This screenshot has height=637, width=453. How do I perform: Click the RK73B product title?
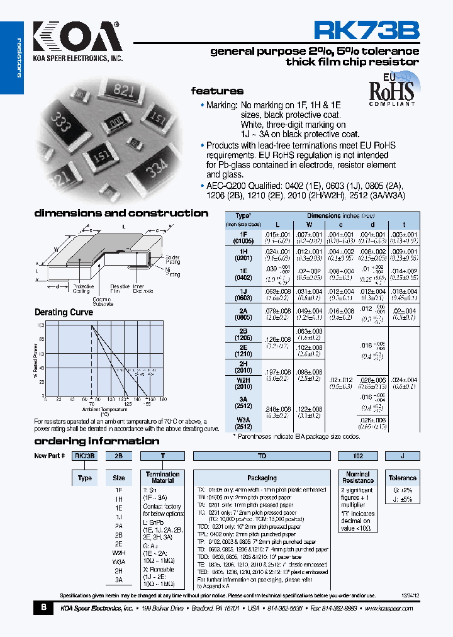click(366, 31)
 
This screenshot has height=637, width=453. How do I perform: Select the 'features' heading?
click(217, 91)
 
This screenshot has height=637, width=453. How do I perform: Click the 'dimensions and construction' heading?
click(121, 213)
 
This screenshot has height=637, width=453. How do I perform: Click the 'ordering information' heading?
click(96, 441)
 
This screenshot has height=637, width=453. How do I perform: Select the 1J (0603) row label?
click(243, 295)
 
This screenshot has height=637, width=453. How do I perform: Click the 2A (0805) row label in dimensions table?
click(243, 313)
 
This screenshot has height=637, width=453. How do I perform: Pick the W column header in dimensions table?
click(308, 224)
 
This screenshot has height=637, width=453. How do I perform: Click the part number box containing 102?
click(358, 456)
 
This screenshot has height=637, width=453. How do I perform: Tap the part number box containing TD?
click(262, 456)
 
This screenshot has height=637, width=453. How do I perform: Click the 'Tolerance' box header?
click(402, 478)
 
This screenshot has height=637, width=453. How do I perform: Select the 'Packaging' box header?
click(262, 478)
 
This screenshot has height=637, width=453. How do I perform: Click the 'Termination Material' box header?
click(162, 477)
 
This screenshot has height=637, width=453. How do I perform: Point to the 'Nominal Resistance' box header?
click(358, 477)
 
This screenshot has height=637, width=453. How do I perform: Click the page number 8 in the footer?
click(43, 607)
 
